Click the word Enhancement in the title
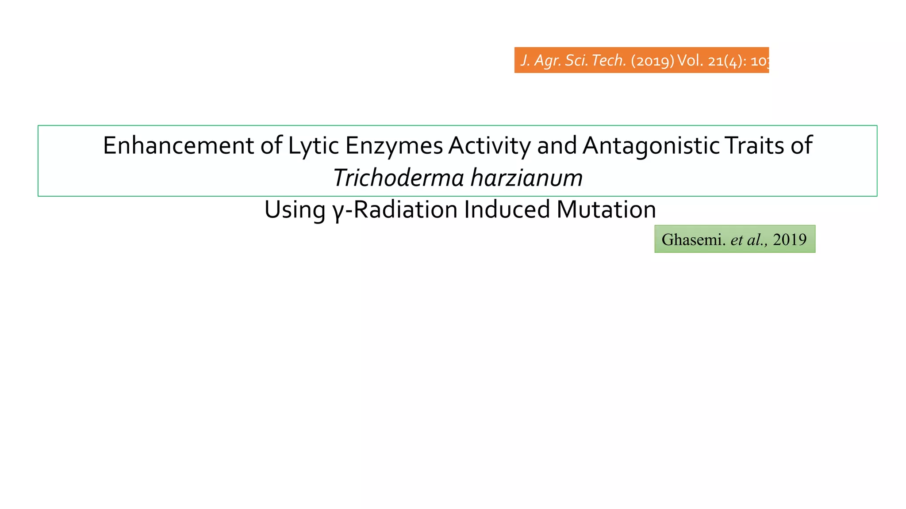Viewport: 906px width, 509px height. [x=178, y=145]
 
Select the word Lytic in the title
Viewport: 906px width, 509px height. [x=314, y=145]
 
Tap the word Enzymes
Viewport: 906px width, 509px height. [x=394, y=145]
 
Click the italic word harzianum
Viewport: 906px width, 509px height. [x=526, y=178]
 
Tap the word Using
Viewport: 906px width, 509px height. [x=295, y=209]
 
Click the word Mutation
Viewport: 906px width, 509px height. [x=606, y=209]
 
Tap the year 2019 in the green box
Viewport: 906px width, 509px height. [x=790, y=239]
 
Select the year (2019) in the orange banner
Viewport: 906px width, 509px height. [x=653, y=61]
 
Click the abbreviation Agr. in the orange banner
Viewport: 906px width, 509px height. [x=548, y=61]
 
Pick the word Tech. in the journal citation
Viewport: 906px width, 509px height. [x=609, y=61]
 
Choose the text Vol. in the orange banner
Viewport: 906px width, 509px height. [x=690, y=61]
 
